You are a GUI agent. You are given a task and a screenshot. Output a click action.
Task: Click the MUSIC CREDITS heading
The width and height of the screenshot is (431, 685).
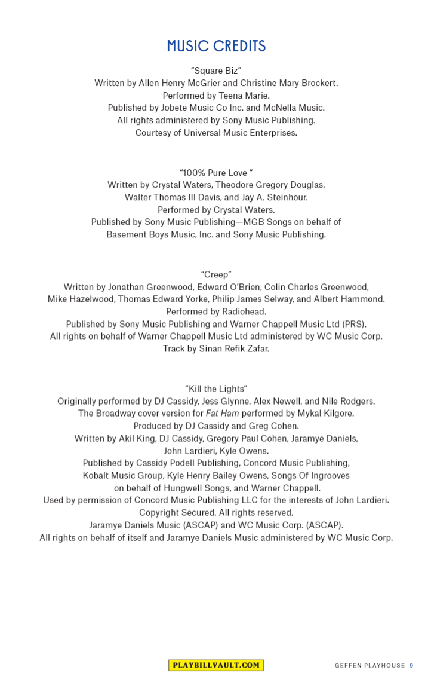tap(216, 46)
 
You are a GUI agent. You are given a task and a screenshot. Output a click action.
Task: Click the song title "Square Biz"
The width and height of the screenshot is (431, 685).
tap(216, 71)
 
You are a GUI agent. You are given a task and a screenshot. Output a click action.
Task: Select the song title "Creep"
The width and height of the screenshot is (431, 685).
tap(216, 274)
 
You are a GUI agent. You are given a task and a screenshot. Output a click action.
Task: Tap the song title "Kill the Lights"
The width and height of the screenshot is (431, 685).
tap(216, 389)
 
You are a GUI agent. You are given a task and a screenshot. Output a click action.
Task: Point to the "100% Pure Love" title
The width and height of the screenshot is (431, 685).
tap(216, 173)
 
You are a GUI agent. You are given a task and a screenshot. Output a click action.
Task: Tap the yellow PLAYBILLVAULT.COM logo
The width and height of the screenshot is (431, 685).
tap(215, 665)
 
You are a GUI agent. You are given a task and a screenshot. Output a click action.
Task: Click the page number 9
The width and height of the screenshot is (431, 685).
tap(411, 666)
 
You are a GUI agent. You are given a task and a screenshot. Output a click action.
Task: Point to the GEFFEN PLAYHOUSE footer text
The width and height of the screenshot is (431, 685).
tap(370, 666)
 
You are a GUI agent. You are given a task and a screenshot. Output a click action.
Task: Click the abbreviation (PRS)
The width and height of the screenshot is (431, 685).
tap(354, 324)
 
